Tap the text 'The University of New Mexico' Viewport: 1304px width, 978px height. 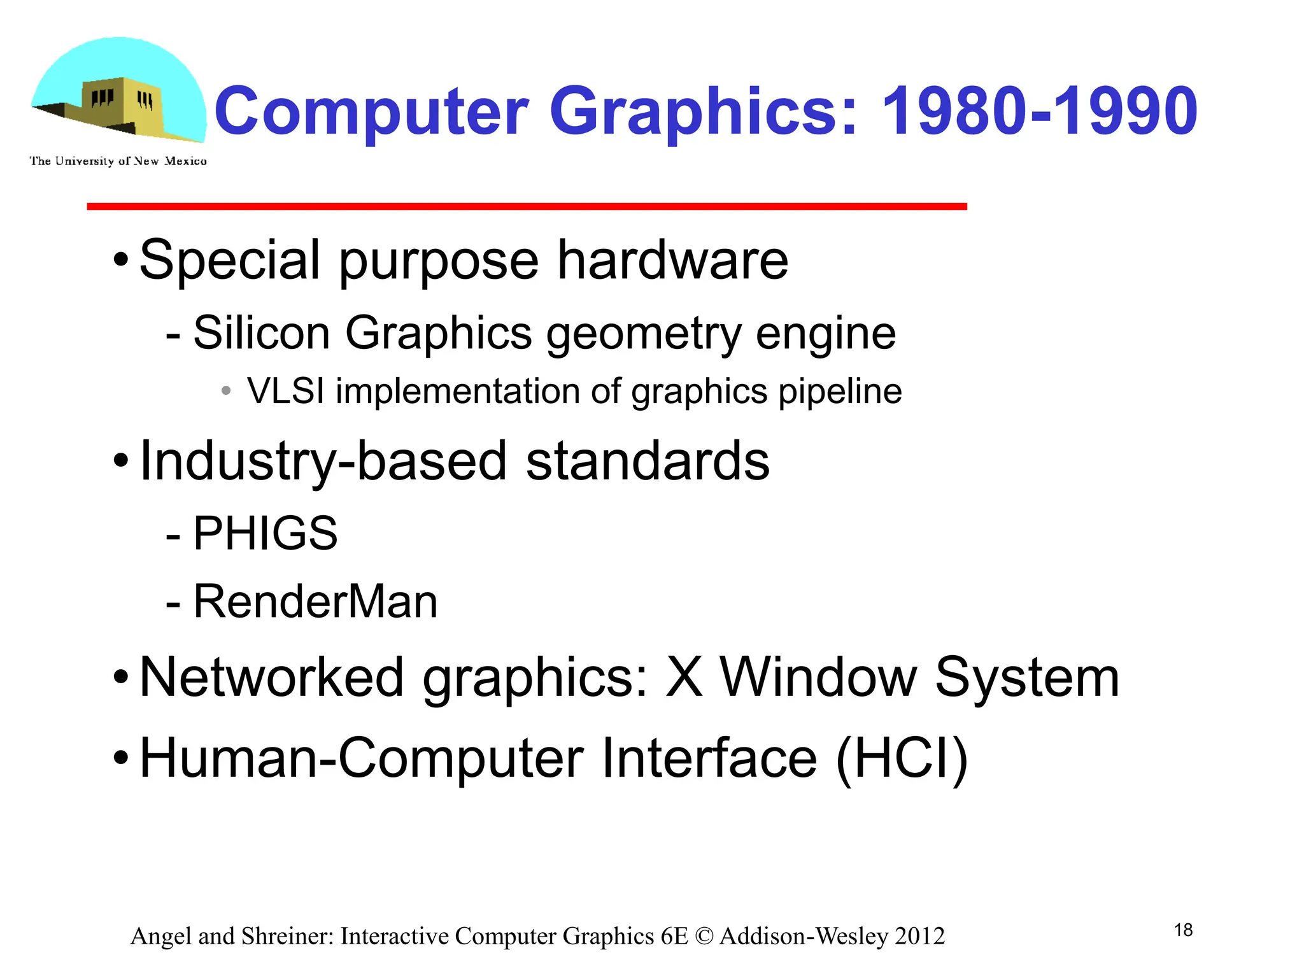(x=118, y=161)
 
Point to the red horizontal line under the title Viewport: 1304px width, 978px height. (x=527, y=206)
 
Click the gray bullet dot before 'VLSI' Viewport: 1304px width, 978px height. (x=226, y=390)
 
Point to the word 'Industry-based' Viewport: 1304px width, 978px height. (x=323, y=461)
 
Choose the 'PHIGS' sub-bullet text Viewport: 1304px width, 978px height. (x=265, y=533)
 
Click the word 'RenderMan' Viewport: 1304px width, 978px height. (x=315, y=601)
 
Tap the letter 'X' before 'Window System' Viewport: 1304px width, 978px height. (x=684, y=677)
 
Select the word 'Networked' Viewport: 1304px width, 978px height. (x=271, y=677)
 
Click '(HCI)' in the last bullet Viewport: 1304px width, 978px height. (x=902, y=758)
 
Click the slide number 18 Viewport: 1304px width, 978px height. (x=1183, y=930)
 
